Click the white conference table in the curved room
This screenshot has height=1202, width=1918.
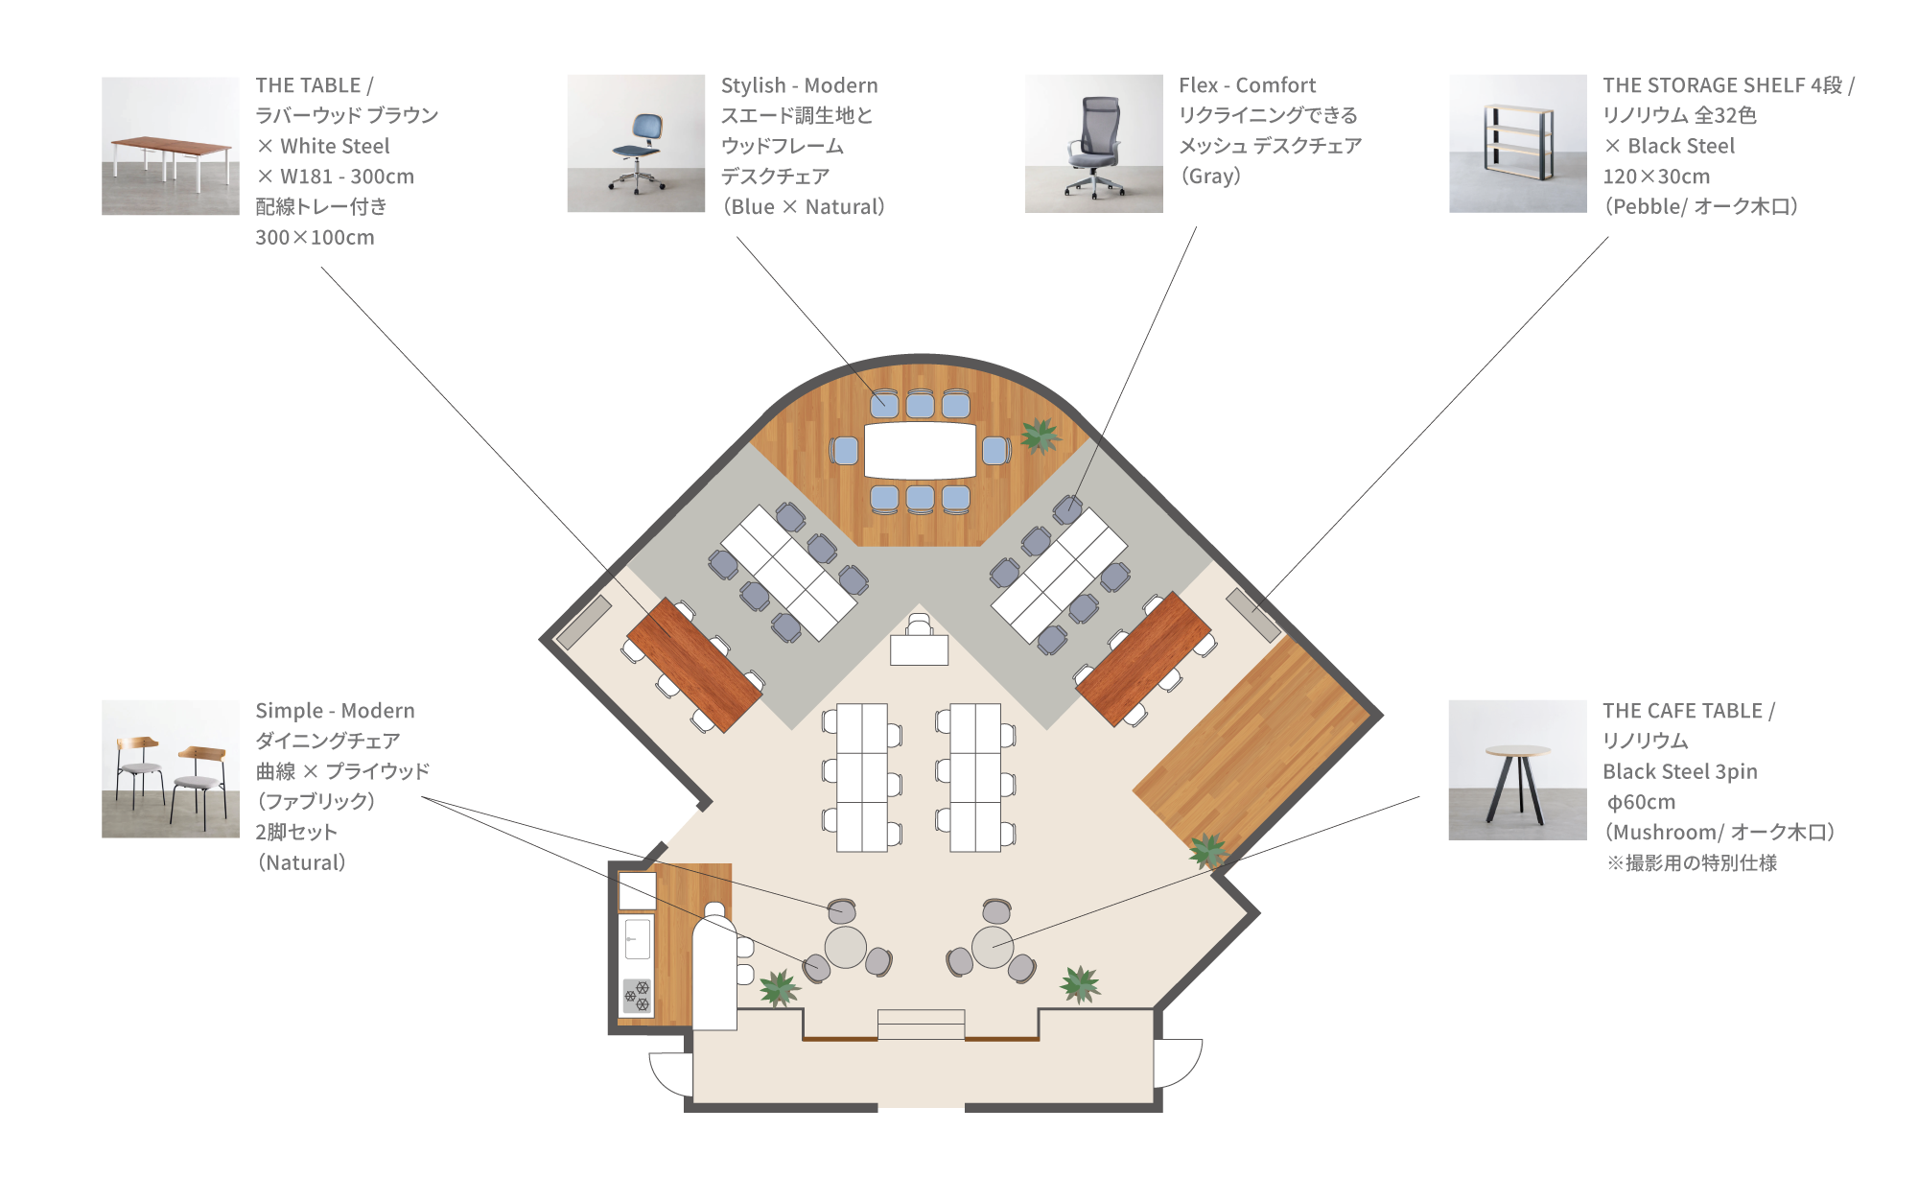920,451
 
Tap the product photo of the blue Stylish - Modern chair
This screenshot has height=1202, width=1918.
636,144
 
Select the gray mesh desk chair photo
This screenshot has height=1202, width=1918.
1093,144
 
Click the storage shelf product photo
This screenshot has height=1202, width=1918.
1517,144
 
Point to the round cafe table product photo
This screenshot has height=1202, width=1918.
1517,770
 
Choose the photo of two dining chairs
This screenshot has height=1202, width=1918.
171,769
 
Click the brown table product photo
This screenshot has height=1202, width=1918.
171,146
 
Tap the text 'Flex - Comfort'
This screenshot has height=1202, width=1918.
1247,85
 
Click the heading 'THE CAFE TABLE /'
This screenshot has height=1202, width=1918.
1689,711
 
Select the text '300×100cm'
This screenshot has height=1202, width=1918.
315,237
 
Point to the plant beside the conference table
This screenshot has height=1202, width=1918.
1040,436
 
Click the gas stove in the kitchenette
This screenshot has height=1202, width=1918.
637,996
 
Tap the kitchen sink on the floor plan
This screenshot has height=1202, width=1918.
637,937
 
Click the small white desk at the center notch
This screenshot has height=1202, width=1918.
919,649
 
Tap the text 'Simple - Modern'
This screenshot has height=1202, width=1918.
335,711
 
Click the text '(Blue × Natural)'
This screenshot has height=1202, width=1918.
804,207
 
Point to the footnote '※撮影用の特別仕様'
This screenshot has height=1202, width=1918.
1692,863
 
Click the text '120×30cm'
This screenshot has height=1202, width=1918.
1656,177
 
